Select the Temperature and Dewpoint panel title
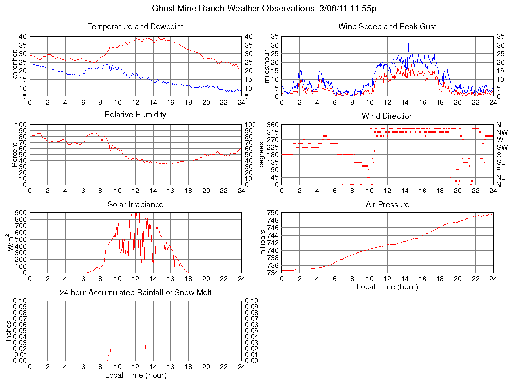coord(135,26)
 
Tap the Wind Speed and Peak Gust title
coord(387,26)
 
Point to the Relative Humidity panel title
coord(135,115)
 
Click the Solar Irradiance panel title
coord(135,204)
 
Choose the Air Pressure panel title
coord(387,204)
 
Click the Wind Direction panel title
coord(387,116)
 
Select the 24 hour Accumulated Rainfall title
coord(135,293)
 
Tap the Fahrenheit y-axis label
coord(15,67)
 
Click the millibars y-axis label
coord(264,243)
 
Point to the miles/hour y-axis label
coord(267,67)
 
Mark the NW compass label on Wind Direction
coord(502,132)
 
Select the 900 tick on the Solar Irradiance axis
coord(21,213)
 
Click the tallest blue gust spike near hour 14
coord(408,43)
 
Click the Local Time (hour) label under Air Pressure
coord(387,286)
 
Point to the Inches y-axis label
coord(8,331)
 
